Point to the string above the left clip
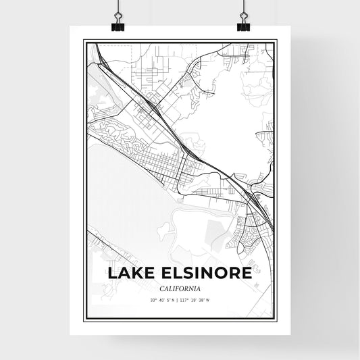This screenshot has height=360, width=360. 117,8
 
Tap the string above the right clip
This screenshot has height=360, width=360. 243,8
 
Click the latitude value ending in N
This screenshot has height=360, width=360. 162,299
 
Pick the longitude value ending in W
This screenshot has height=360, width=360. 197,299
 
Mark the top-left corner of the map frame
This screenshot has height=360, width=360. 84,41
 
